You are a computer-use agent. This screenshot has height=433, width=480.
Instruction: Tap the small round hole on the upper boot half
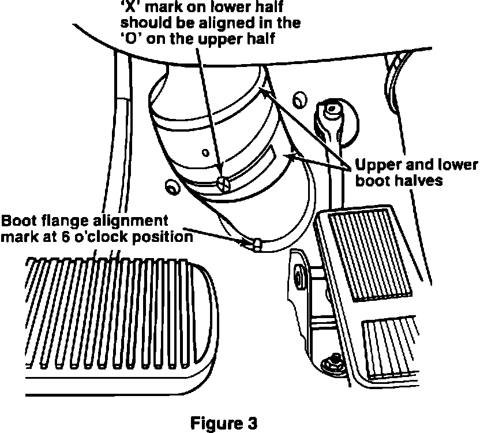(206, 154)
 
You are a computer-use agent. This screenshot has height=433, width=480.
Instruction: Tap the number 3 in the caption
(252, 422)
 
